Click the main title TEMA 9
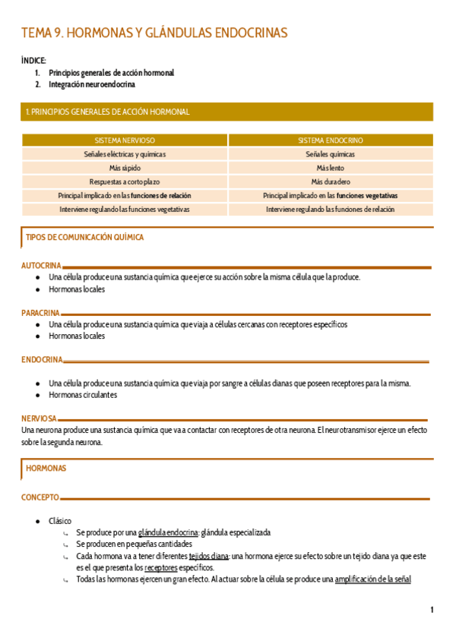(x=154, y=33)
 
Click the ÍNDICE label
(x=33, y=60)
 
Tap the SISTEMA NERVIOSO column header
(x=125, y=140)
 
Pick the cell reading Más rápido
(x=125, y=168)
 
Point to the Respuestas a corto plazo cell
(x=125, y=182)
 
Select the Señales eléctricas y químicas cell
(x=125, y=154)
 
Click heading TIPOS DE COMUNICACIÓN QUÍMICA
(x=84, y=238)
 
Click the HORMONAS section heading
(x=46, y=469)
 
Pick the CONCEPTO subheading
(x=40, y=497)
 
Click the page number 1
(x=432, y=610)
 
